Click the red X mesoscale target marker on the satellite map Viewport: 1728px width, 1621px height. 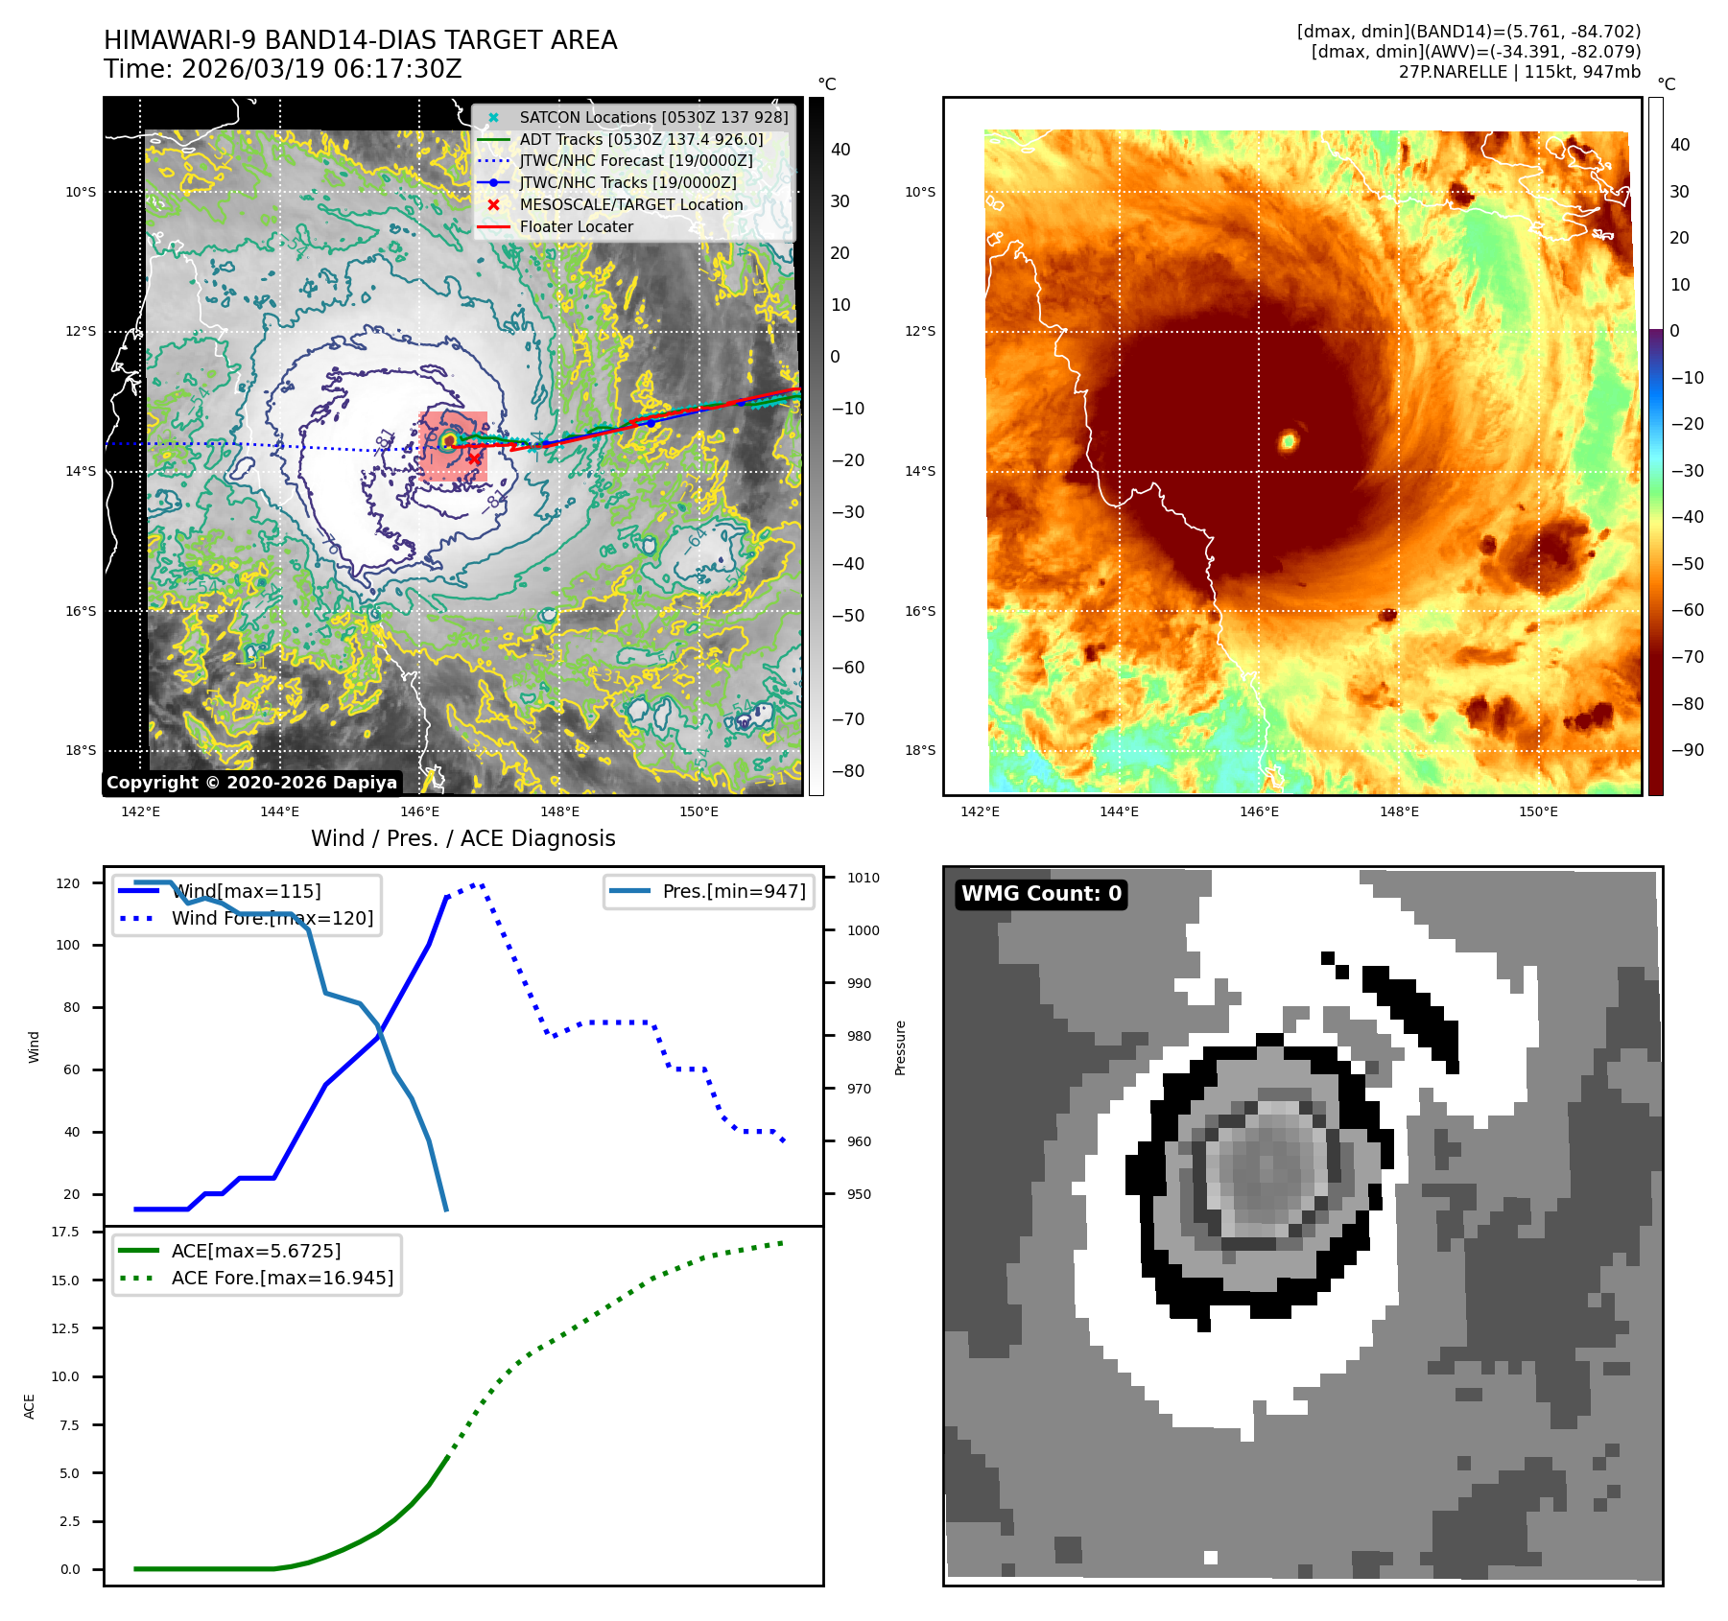tap(474, 458)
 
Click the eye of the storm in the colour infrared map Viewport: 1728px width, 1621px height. tap(1288, 441)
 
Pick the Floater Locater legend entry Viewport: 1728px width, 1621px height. tap(576, 226)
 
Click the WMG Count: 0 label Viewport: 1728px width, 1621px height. tap(1041, 894)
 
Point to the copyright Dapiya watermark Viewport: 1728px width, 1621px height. tap(251, 783)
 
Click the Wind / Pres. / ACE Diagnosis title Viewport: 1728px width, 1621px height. tap(462, 838)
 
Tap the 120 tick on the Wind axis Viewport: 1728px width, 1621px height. tap(68, 883)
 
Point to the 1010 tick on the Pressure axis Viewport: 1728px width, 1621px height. tap(863, 878)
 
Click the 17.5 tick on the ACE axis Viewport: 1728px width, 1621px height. tap(65, 1232)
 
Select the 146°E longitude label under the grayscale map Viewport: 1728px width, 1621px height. tap(419, 811)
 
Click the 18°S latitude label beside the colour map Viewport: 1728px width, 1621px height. tap(919, 750)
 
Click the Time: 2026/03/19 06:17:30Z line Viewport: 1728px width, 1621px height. tap(283, 69)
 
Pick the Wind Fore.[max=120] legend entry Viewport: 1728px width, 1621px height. tap(272, 918)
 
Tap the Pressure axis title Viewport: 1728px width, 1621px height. tap(900, 1047)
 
